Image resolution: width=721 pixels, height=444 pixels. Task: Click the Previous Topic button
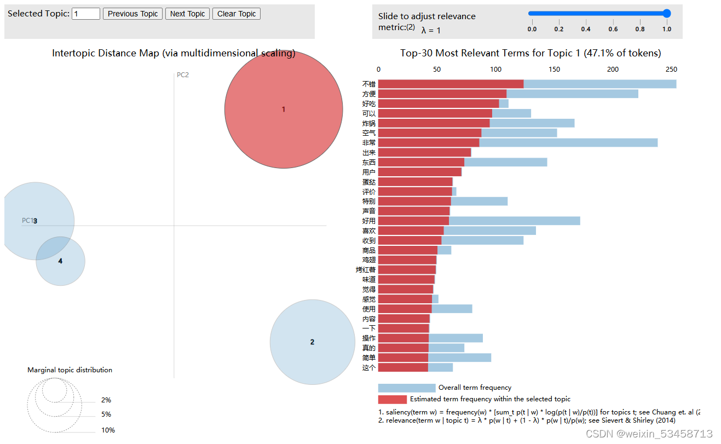point(132,14)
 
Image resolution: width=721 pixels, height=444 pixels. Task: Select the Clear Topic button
point(236,14)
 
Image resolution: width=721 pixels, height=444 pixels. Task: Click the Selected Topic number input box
point(86,14)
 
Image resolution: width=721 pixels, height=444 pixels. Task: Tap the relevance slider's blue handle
point(666,14)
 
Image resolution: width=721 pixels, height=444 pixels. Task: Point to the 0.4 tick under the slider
point(586,29)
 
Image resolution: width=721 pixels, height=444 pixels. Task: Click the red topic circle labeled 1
point(284,109)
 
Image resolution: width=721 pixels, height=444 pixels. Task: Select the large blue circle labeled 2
point(312,342)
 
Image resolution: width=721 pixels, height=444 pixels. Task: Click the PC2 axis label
point(183,75)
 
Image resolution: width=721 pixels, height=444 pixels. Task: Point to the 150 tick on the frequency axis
point(555,70)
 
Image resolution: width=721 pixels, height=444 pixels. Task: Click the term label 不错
point(369,84)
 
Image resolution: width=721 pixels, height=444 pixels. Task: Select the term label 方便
point(369,94)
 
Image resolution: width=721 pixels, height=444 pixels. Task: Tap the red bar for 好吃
point(438,103)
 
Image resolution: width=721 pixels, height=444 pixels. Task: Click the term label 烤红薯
point(366,270)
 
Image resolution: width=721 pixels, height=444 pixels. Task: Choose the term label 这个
point(369,368)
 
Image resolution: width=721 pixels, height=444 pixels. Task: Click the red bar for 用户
point(419,172)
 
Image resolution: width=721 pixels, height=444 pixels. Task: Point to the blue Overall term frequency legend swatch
point(406,388)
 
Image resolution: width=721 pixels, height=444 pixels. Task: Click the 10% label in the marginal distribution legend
point(108,430)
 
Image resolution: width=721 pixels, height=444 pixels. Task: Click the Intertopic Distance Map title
point(174,53)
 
